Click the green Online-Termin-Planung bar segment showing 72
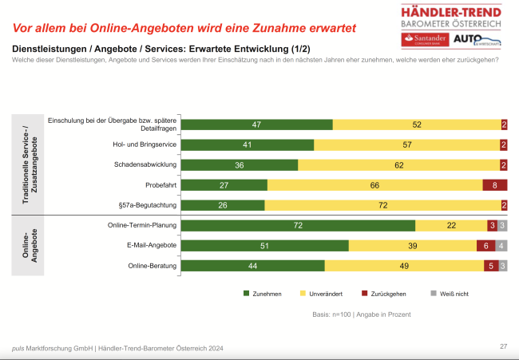tap(299, 226)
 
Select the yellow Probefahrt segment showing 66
tap(374, 185)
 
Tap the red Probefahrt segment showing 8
tap(494, 185)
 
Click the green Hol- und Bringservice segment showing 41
tap(248, 144)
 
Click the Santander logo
tap(425, 40)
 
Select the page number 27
tap(503, 346)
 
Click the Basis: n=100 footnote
tap(361, 315)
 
